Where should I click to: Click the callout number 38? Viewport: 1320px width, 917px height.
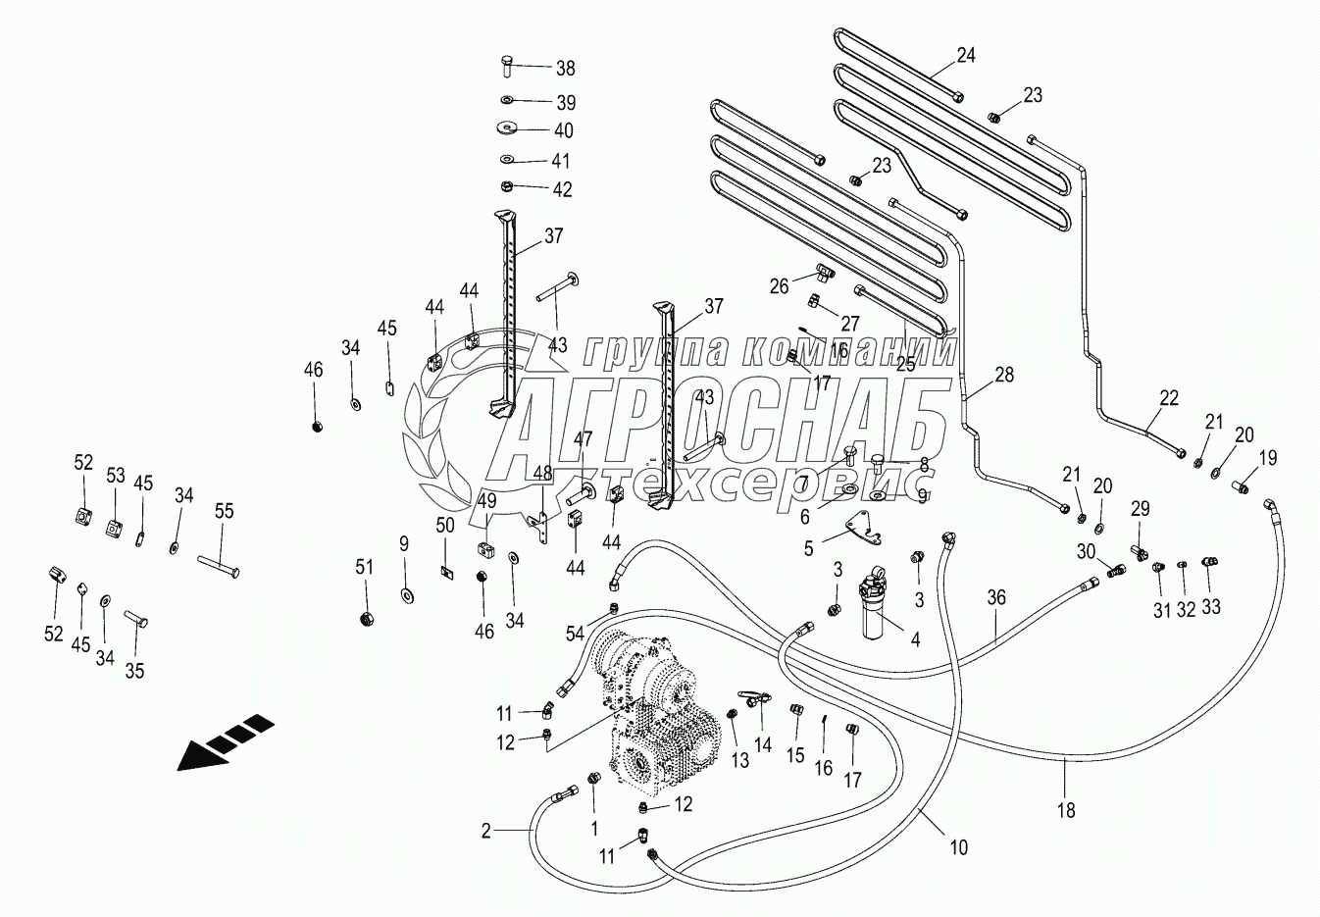pyautogui.click(x=565, y=69)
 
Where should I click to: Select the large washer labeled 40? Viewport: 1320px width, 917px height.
pyautogui.click(x=508, y=127)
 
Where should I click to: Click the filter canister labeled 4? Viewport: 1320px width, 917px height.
pyautogui.click(x=874, y=607)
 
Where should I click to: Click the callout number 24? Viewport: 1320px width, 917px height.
pyautogui.click(x=966, y=55)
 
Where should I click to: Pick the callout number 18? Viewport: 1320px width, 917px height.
pyautogui.click(x=1066, y=810)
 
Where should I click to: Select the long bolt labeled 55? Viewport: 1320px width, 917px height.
pyautogui.click(x=219, y=566)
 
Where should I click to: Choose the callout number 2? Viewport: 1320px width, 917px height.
pyautogui.click(x=485, y=832)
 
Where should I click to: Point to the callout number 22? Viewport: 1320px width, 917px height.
pyautogui.click(x=1168, y=398)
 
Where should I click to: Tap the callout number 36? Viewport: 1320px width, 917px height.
pyautogui.click(x=996, y=597)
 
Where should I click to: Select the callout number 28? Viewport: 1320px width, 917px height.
pyautogui.click(x=1003, y=375)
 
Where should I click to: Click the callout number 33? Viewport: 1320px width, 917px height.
pyautogui.click(x=1211, y=607)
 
